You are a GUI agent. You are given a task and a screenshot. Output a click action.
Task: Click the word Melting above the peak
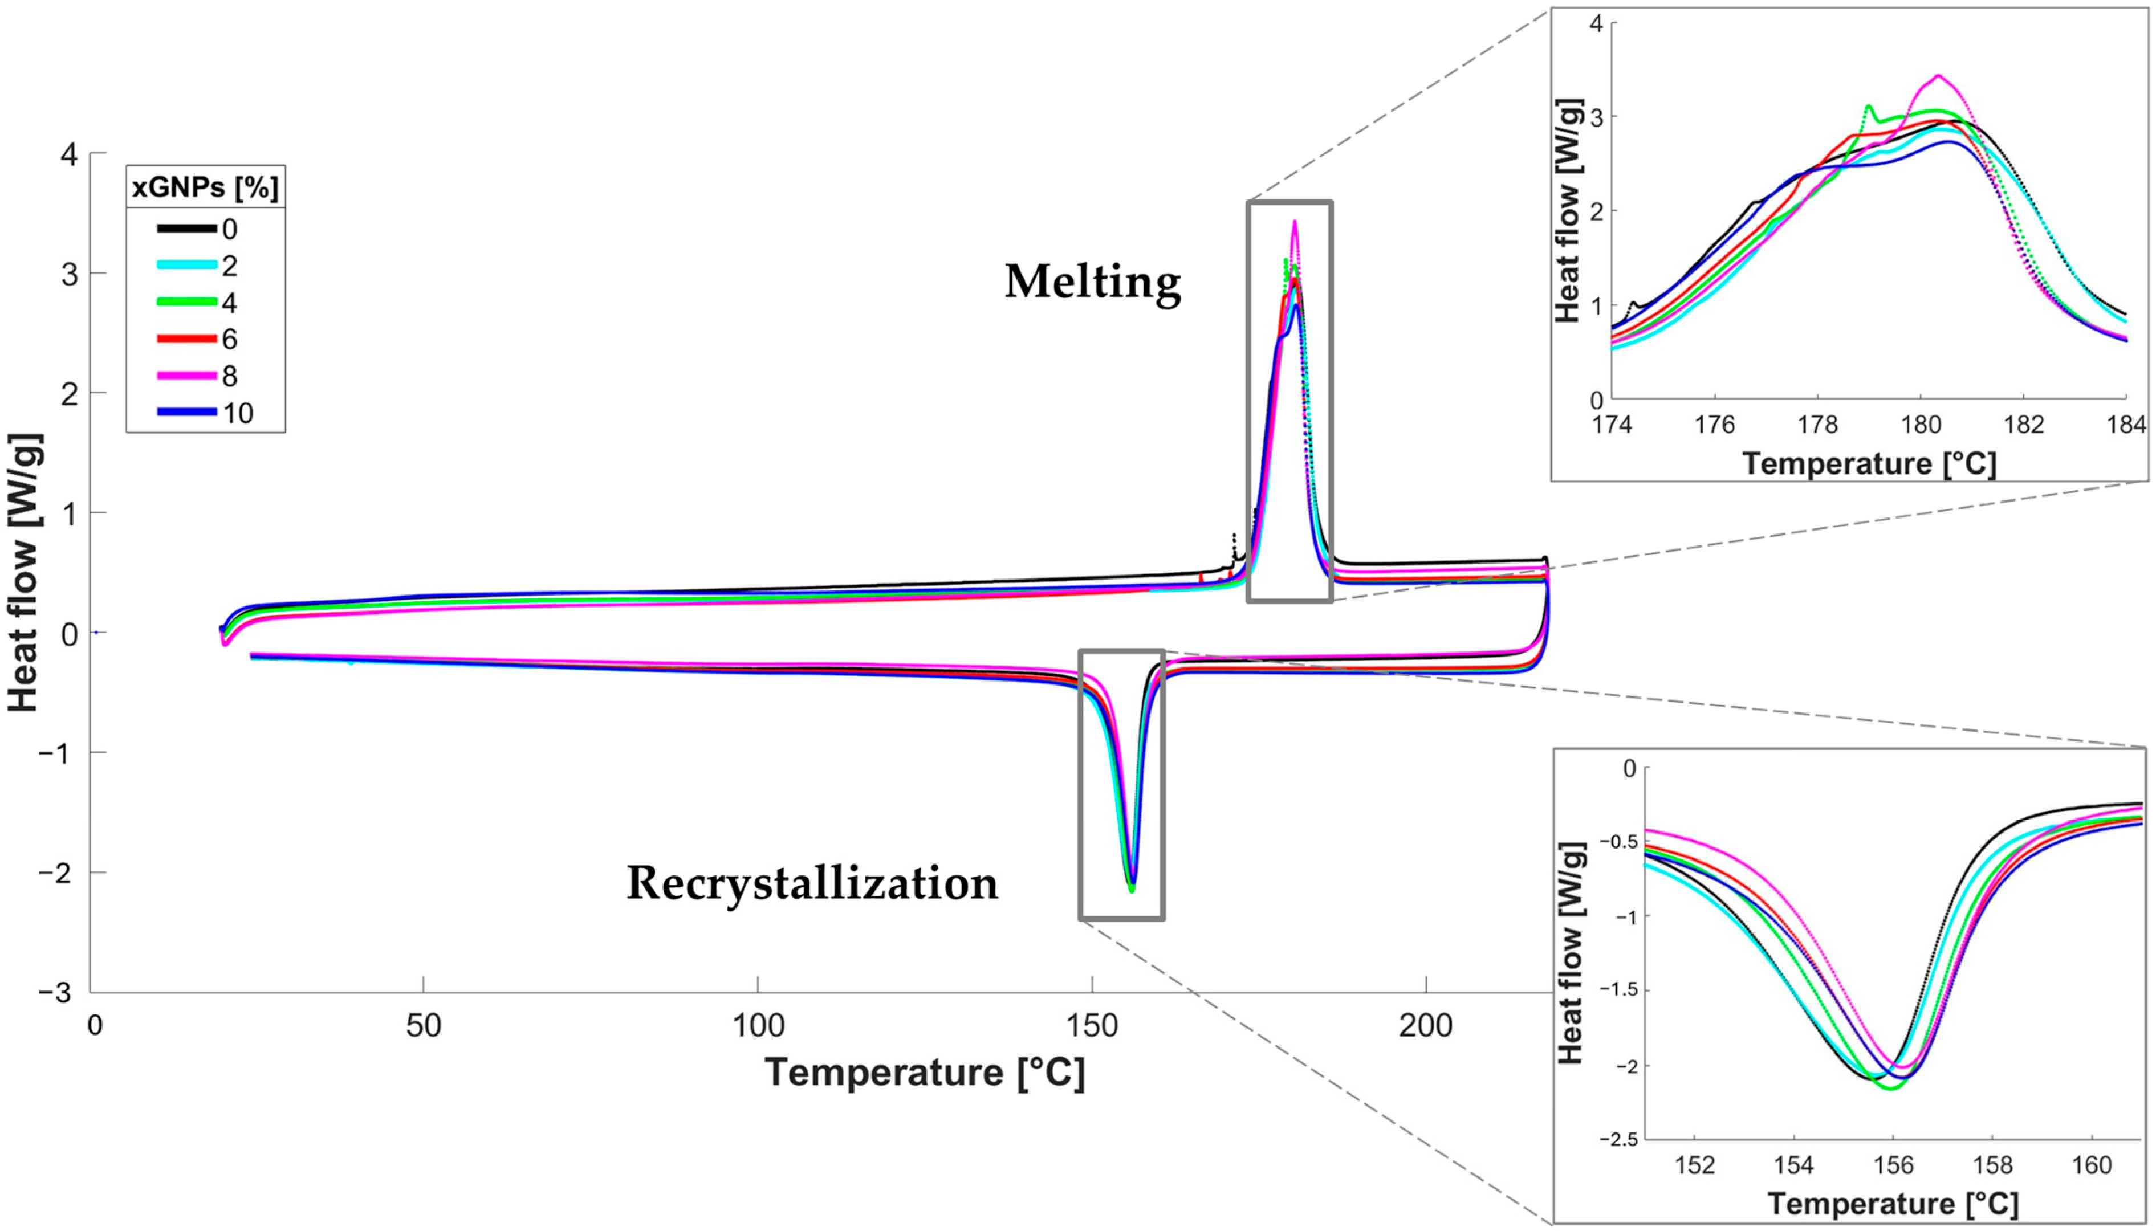pos(1092,282)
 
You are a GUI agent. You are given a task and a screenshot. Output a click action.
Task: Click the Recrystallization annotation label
pos(812,883)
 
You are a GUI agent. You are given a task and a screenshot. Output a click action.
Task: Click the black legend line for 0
pos(186,229)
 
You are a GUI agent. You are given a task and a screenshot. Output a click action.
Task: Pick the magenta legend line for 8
pos(186,376)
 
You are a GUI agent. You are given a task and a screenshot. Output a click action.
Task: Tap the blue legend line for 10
pos(186,413)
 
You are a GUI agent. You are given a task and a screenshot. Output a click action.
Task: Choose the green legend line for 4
pos(186,302)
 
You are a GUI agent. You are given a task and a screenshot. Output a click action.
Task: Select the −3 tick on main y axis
pos(58,993)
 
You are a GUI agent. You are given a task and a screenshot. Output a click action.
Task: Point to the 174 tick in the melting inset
pos(1612,425)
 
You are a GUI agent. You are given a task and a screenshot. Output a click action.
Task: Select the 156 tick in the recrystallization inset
pos(1893,1165)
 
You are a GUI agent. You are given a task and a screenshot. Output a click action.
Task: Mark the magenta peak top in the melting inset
pos(1938,76)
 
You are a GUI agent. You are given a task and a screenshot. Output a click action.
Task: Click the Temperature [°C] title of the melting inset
pos(1869,463)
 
